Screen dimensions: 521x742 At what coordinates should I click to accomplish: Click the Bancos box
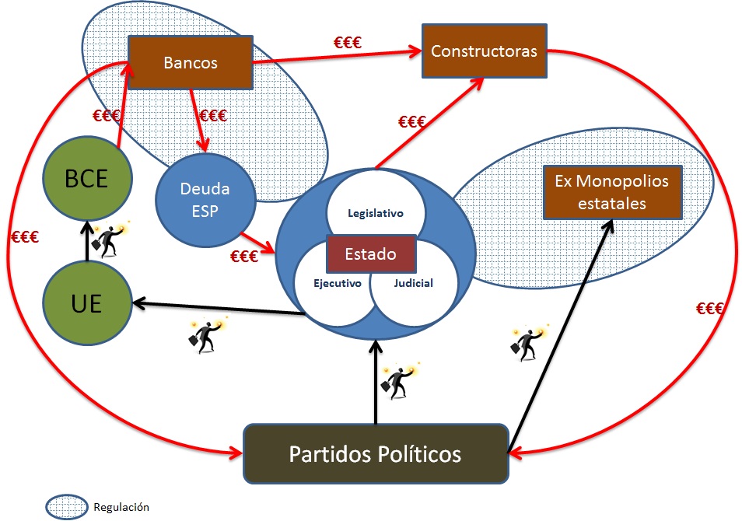(x=191, y=63)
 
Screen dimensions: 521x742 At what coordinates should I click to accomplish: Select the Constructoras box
(x=484, y=51)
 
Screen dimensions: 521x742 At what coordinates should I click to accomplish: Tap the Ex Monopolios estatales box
(x=611, y=192)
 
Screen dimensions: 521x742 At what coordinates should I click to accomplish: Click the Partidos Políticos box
(x=375, y=453)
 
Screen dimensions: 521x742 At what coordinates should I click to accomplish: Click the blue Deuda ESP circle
(x=205, y=198)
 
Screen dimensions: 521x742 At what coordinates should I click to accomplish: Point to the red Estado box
(x=372, y=254)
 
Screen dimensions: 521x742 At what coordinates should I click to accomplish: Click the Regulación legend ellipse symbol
(x=67, y=507)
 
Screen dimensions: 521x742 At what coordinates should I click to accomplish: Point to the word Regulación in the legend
(x=121, y=507)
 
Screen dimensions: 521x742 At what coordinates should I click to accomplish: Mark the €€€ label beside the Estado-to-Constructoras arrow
(x=411, y=121)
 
